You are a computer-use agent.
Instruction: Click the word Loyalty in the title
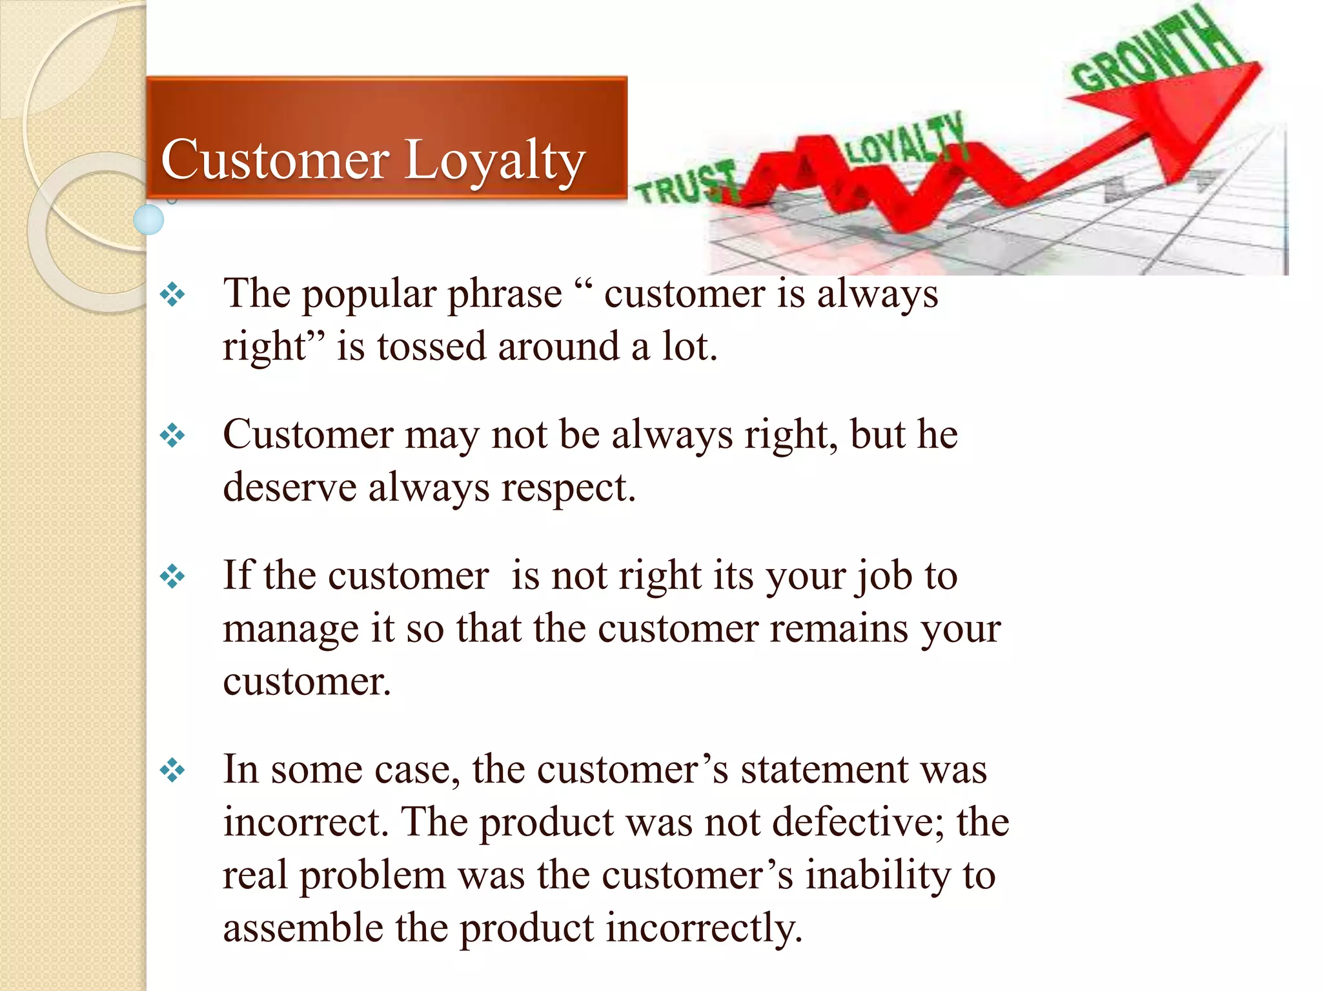point(494,161)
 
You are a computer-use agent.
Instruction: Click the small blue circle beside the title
point(148,219)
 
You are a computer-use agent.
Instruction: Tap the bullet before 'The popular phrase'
point(172,295)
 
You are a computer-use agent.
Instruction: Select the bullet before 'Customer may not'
point(172,435)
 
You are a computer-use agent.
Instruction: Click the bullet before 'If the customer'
point(172,576)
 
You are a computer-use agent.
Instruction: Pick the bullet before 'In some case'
point(172,770)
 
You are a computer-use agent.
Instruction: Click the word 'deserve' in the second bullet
point(289,487)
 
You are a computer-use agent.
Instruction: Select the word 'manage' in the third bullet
point(290,630)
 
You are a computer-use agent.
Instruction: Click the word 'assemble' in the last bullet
point(303,928)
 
